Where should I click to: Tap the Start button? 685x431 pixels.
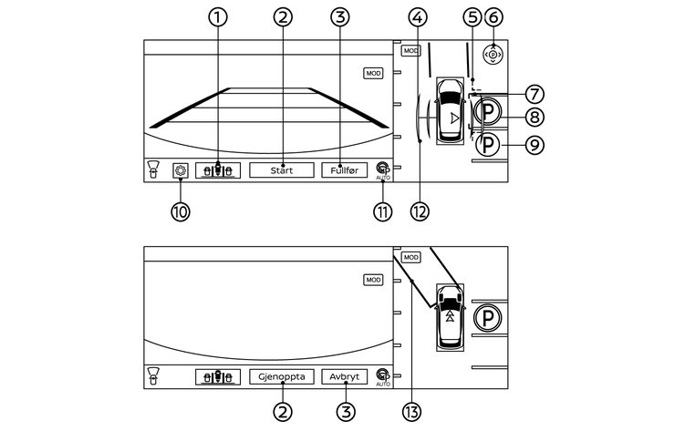point(282,170)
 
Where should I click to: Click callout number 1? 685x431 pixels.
point(218,16)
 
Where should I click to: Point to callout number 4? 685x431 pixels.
point(418,16)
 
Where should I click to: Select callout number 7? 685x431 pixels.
point(535,93)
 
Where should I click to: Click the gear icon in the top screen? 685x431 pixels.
point(180,170)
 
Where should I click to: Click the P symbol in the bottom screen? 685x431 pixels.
point(491,318)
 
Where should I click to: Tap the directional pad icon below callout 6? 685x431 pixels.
point(493,55)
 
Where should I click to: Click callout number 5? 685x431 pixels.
point(471,16)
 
